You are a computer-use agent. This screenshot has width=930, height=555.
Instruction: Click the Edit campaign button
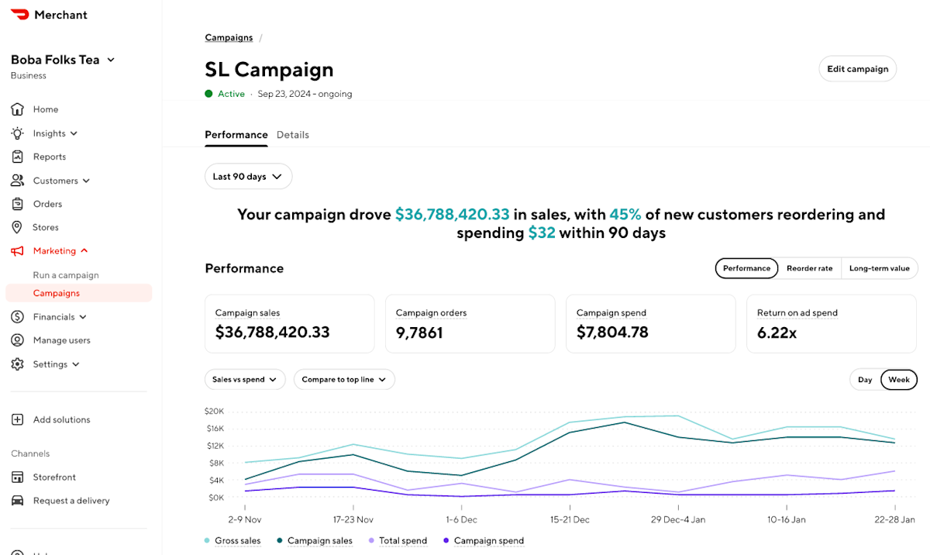pos(857,69)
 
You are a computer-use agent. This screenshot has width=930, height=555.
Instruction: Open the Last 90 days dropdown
pos(248,177)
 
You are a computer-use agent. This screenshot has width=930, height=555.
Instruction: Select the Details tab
pos(293,135)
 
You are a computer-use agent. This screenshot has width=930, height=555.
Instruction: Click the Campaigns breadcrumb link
pos(229,38)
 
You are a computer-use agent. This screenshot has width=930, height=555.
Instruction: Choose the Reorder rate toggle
pos(810,268)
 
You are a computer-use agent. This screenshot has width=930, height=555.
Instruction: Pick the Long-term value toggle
pos(880,268)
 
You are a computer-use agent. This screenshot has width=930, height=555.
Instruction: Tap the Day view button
pos(865,380)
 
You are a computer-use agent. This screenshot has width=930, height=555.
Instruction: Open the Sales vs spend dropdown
pos(245,379)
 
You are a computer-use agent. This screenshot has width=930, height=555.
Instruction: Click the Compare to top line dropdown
pos(344,379)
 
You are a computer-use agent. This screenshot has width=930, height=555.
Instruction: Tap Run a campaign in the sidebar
pos(66,275)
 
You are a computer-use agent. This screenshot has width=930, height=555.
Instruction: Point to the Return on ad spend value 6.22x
pos(777,333)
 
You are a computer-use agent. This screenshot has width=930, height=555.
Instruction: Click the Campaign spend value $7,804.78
pos(612,332)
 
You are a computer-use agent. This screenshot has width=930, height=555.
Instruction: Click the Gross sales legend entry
pos(232,540)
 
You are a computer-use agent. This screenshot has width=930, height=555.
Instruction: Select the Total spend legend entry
pos(398,540)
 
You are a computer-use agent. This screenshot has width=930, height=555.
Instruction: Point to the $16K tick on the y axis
pos(215,429)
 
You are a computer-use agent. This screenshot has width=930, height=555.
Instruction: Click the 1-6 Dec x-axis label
pos(461,519)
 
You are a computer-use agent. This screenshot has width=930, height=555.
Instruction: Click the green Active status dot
pos(208,94)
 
